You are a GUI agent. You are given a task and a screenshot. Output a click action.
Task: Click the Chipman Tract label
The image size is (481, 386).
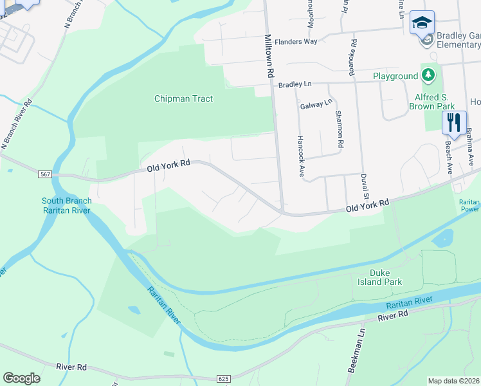tap(183, 99)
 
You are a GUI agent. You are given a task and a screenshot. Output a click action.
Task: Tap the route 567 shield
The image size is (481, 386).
tap(45, 174)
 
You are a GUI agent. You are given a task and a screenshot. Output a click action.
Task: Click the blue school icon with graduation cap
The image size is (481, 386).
tap(422, 23)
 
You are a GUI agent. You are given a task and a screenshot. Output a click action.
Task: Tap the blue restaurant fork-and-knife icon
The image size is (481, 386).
tap(454, 122)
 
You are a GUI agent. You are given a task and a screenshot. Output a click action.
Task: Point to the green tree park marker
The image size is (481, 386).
tap(428, 75)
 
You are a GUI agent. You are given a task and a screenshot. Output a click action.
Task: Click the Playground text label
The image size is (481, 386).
tap(395, 76)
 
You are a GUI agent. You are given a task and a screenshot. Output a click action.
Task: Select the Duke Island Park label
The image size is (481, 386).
tap(380, 277)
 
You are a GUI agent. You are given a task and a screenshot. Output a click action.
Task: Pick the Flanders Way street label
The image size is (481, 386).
tap(296, 41)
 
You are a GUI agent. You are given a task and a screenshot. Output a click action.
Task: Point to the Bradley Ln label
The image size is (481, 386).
tap(295, 84)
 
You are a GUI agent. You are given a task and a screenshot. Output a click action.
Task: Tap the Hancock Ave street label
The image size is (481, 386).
tap(300, 156)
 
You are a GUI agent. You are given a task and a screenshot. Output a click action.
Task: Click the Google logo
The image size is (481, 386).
tap(21, 378)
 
